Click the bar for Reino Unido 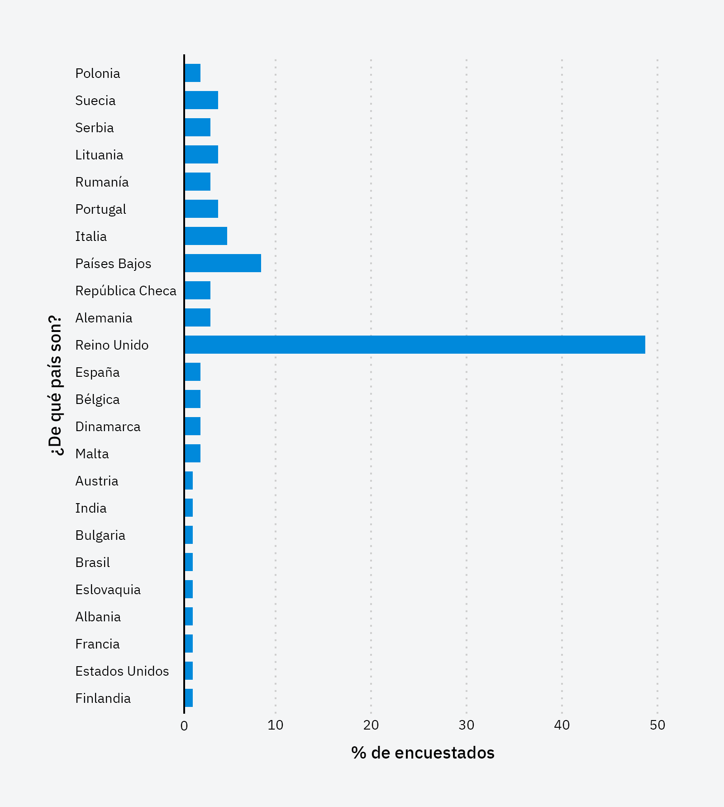(x=414, y=345)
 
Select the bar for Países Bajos (x=223, y=263)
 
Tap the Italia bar (x=206, y=236)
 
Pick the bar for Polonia (x=193, y=73)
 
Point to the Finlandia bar (x=189, y=698)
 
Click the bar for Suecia (x=201, y=100)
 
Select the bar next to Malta (x=193, y=453)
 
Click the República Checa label (x=126, y=291)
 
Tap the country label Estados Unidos (x=122, y=671)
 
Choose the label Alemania (x=104, y=318)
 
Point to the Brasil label (x=93, y=562)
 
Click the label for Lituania (x=99, y=155)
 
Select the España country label (x=97, y=372)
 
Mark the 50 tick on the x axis (x=657, y=725)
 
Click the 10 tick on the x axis (x=275, y=725)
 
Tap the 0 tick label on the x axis (x=184, y=726)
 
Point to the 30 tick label (x=467, y=725)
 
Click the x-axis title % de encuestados (x=423, y=753)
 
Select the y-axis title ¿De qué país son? (x=55, y=385)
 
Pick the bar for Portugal (x=201, y=209)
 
